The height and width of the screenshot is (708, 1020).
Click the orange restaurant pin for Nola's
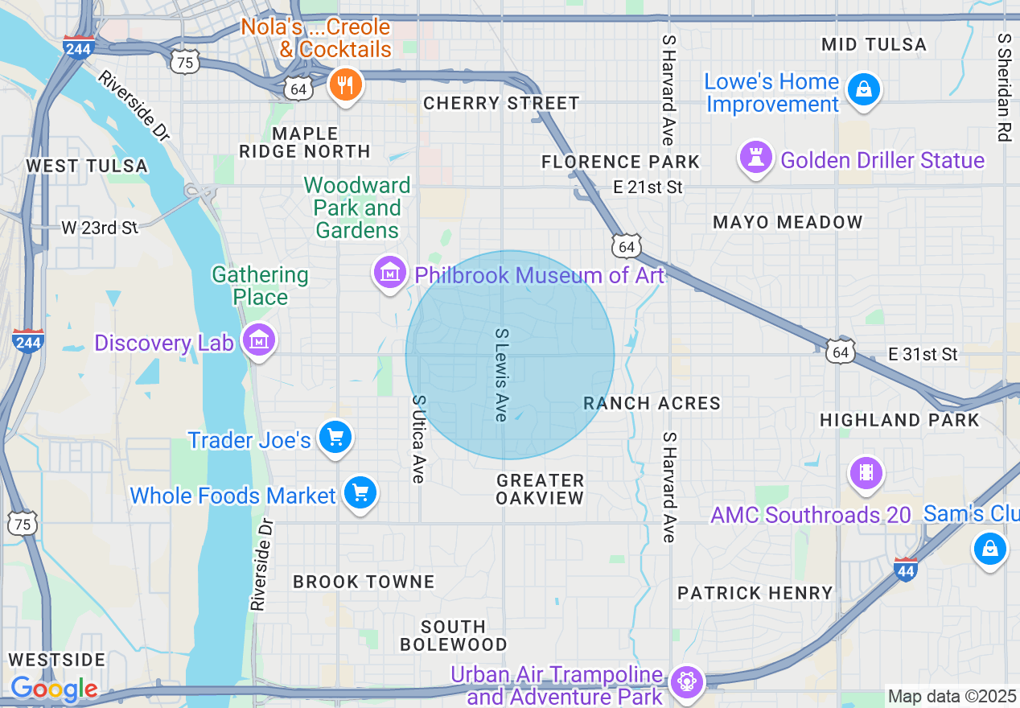(345, 84)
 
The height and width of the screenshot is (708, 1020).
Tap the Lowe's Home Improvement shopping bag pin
(863, 88)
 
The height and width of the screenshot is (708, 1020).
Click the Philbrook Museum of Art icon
(390, 274)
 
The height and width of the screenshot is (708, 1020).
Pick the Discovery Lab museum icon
(260, 340)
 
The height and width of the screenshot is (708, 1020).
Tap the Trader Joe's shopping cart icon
(335, 438)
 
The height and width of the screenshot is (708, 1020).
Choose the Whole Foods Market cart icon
(360, 493)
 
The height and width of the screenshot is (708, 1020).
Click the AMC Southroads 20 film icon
(866, 472)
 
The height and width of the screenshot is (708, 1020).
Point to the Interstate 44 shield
(906, 570)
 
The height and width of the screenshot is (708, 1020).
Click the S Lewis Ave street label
(501, 374)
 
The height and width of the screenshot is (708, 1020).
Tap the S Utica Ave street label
(417, 439)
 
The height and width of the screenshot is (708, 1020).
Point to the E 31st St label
(923, 354)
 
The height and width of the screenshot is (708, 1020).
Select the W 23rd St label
(100, 228)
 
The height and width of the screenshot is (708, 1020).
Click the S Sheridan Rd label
(1002, 87)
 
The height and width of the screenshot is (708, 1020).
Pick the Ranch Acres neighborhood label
(652, 403)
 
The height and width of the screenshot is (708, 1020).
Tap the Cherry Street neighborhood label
(501, 103)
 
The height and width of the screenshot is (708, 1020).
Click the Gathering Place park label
(260, 286)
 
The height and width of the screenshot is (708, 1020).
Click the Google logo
(53, 689)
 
